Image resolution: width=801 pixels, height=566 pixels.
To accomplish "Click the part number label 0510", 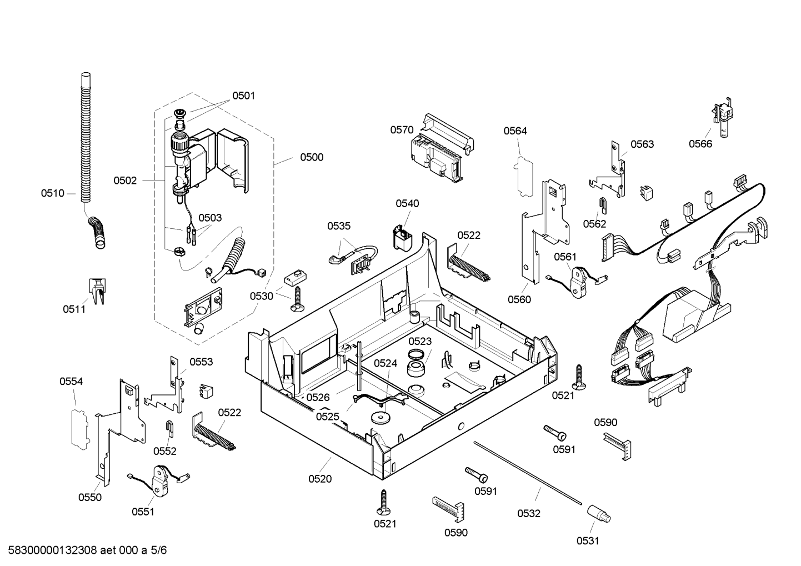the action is [53, 193].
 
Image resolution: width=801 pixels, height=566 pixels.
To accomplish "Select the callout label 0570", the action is [402, 130].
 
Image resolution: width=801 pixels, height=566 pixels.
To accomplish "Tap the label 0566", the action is [700, 144].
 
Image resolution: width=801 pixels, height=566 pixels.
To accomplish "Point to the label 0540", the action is [407, 203].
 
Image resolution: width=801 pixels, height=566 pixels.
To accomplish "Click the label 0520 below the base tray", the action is [320, 479].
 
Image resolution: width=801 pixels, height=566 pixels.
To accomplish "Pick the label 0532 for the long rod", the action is [529, 513].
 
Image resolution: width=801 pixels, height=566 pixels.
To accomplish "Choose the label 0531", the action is [588, 541].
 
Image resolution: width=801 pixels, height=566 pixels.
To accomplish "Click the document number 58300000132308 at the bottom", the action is [53, 550].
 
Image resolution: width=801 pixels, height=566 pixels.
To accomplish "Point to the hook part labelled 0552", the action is [170, 428].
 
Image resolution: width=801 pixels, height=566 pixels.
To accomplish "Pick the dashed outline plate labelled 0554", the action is [80, 429].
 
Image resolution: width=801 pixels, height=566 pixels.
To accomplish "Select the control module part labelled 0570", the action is [442, 149].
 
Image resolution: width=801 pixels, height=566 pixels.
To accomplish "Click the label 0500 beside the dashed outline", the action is [312, 157].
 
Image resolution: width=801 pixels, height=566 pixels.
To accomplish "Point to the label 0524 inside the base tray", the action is [386, 363].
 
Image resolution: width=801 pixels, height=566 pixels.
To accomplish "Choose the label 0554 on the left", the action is [71, 382].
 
